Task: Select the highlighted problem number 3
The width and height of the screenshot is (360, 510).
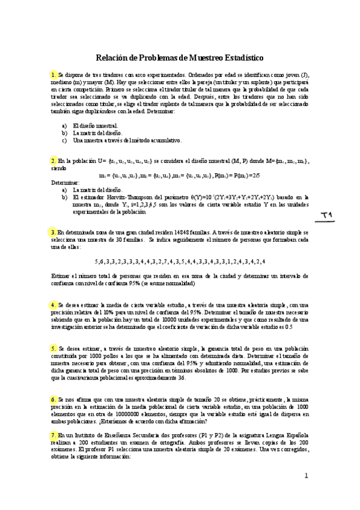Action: tap(53, 232)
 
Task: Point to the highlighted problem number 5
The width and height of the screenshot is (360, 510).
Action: tap(53, 348)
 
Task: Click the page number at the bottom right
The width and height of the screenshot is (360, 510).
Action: tap(305, 476)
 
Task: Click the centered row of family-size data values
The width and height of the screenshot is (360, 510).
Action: tap(180, 261)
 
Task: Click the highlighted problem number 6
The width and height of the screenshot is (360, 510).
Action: tap(53, 399)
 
